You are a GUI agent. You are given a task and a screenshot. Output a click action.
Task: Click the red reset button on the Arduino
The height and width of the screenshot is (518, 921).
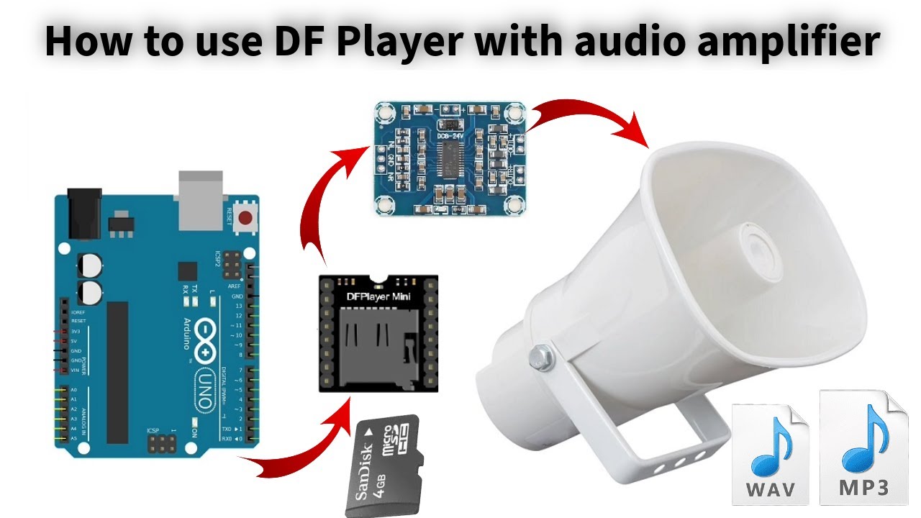[247, 217]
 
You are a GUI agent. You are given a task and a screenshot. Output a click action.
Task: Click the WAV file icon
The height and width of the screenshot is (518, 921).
[770, 453]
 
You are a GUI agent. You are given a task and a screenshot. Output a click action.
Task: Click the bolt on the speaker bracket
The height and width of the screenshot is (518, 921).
[539, 355]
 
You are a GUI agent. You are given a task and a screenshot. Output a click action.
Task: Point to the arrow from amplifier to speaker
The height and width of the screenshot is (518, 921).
[590, 115]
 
